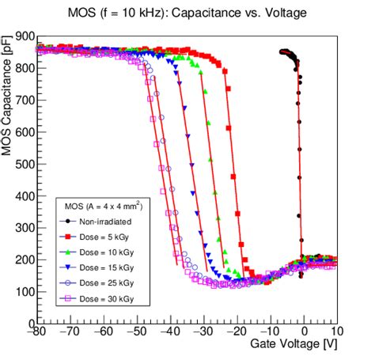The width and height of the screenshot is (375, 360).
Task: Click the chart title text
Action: tap(187, 13)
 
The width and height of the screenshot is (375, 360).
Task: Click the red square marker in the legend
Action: tap(70, 237)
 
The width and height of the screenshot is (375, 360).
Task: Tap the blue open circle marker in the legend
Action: tap(70, 283)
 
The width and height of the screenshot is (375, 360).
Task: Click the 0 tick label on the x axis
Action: tap(304, 332)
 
